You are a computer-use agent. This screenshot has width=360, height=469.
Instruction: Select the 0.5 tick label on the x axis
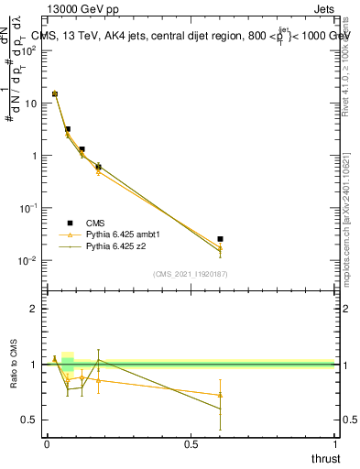[191, 444]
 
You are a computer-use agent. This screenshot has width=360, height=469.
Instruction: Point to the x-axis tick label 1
[334, 444]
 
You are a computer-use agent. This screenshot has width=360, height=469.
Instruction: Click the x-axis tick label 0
[47, 444]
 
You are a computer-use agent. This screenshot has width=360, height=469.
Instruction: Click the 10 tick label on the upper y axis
[30, 103]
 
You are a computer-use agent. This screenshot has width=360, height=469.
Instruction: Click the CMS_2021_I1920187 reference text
[190, 274]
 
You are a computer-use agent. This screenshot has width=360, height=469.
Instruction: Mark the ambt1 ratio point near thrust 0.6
[220, 395]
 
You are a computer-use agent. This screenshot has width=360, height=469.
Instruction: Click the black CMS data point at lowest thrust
[55, 93]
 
